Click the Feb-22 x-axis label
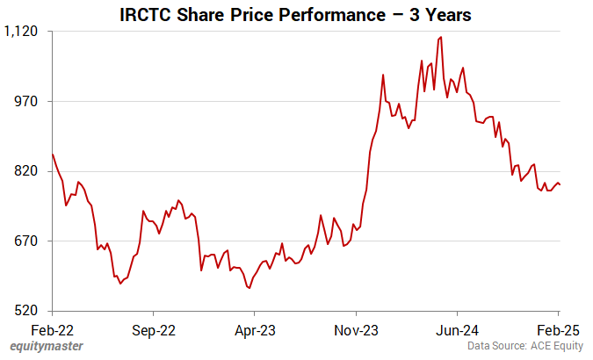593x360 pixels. click(x=53, y=330)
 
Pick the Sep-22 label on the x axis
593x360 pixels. click(x=154, y=330)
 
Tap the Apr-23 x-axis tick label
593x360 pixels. click(x=255, y=330)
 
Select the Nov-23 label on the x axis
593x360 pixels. click(x=356, y=330)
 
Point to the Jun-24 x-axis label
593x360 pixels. click(x=458, y=330)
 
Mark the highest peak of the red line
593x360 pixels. click(x=440, y=37)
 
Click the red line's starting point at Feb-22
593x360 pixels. click(x=53, y=155)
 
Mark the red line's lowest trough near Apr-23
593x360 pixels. click(x=249, y=287)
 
